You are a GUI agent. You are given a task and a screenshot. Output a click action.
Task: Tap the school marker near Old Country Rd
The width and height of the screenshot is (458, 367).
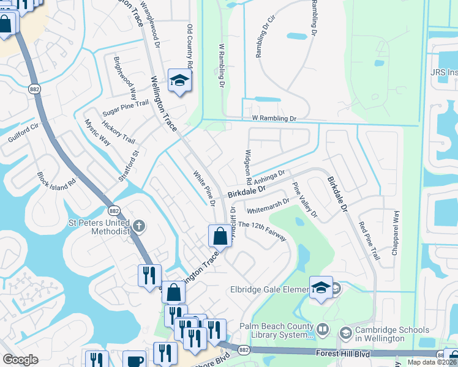coord(179,80)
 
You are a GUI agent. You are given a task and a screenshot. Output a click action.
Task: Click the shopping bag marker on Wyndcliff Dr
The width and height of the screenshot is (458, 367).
coord(220,235)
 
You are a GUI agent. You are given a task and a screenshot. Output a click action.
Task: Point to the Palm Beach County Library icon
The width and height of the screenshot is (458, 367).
coord(323,331)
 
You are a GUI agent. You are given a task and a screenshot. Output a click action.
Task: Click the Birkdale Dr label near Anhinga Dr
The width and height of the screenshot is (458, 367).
coord(246,191)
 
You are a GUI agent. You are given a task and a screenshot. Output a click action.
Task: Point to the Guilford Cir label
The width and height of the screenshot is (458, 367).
coord(23,133)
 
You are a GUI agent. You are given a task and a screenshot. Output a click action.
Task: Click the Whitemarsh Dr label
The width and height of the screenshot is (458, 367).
coord(268,206)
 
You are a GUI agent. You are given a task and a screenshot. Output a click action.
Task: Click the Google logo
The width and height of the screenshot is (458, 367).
coord(20,360)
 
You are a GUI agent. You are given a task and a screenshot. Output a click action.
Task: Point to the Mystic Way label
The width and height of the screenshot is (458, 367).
coord(97,132)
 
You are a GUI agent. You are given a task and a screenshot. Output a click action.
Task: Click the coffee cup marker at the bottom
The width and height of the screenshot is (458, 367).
coord(134,360)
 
